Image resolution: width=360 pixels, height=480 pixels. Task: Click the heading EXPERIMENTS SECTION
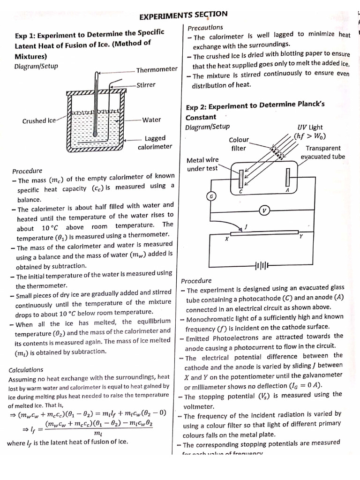[183, 16]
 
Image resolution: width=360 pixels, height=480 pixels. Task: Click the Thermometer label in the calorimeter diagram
[157, 70]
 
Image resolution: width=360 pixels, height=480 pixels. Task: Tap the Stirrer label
[146, 85]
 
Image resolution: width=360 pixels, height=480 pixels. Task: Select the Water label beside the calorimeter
[151, 120]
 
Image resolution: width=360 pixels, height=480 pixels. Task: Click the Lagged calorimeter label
[155, 142]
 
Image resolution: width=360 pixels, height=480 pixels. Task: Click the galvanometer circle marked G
[210, 197]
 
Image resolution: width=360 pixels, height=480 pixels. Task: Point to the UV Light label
[310, 127]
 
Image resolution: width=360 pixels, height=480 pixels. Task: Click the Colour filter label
[239, 144]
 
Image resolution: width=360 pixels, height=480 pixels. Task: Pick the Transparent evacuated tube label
[322, 152]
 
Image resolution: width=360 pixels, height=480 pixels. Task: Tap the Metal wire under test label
[202, 165]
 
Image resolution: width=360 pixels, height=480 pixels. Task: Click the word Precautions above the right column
[205, 28]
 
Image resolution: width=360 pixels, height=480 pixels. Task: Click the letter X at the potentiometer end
[226, 239]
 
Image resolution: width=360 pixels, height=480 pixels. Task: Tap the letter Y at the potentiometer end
[301, 237]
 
